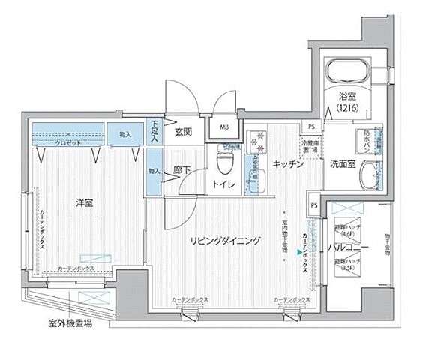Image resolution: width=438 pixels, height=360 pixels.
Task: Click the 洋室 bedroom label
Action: [x=83, y=202]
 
